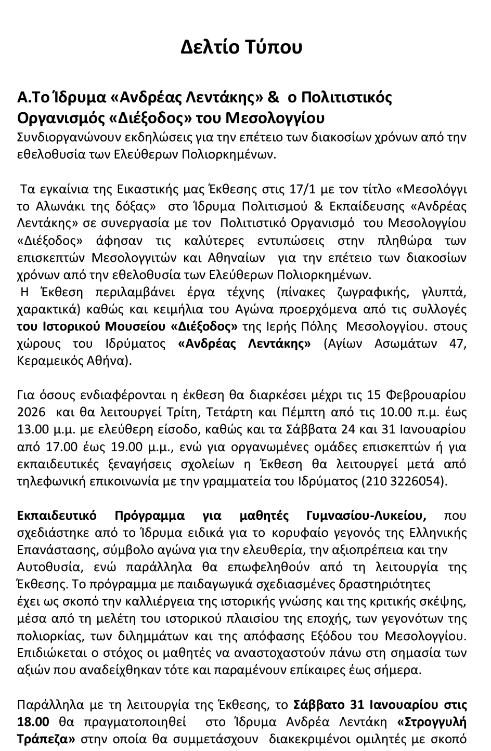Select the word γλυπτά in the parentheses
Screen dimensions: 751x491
click(444, 292)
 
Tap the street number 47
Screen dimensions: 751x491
click(457, 344)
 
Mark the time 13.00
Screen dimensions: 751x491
click(32, 429)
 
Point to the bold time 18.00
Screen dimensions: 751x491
click(33, 722)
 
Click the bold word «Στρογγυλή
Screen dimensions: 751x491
click(432, 722)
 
